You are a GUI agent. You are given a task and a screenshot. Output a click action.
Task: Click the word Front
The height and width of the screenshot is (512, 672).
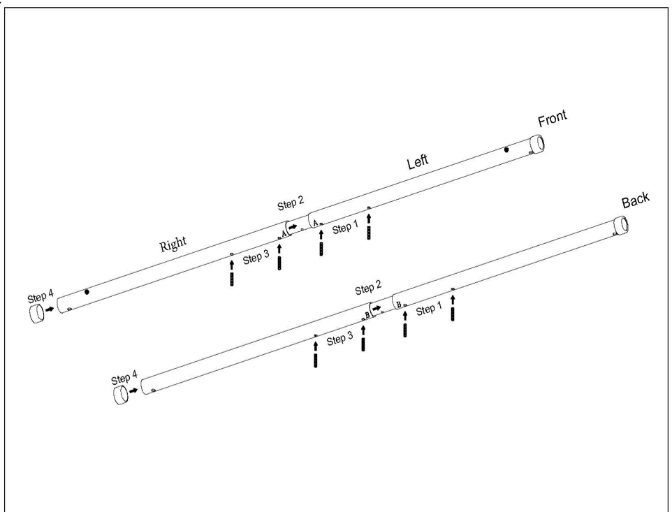[552, 119]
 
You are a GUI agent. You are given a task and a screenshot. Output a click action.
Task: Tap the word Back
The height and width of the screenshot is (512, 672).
[635, 200]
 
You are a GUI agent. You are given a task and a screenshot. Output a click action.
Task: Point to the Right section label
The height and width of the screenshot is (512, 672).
[173, 244]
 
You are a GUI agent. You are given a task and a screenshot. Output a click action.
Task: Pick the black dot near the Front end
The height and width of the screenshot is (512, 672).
[506, 149]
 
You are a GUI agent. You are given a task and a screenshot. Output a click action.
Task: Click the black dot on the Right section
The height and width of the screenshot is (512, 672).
[87, 291]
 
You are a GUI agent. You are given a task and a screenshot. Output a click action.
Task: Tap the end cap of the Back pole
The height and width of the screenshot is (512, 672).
[121, 396]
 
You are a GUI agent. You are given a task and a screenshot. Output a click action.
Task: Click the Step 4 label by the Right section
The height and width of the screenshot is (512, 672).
[41, 297]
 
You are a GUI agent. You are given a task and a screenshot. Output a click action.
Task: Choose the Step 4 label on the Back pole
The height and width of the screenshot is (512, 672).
[124, 379]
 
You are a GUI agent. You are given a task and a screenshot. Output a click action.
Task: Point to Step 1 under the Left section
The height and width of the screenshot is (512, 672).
[344, 228]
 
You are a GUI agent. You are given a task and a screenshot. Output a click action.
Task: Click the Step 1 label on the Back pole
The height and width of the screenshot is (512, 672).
[428, 309]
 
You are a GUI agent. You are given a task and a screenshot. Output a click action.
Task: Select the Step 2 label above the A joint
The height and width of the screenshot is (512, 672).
[291, 204]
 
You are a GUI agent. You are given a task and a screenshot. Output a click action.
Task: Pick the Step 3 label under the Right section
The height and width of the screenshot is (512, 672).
[256, 258]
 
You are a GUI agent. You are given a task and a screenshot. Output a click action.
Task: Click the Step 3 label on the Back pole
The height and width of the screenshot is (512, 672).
[339, 339]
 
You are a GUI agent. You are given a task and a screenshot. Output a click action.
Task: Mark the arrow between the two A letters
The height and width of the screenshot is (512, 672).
[293, 227]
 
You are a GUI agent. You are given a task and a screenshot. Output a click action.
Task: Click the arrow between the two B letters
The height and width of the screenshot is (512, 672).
[377, 308]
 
